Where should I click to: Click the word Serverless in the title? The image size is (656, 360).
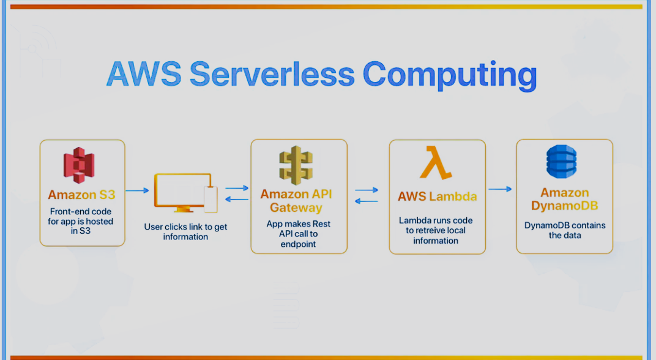pyautogui.click(x=272, y=73)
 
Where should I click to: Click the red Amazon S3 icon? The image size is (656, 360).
pyautogui.click(x=80, y=165)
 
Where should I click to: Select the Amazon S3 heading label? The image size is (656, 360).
pyautogui.click(x=81, y=195)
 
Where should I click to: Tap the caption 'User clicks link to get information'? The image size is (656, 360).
pyautogui.click(x=185, y=231)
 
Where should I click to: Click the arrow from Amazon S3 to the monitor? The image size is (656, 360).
pyautogui.click(x=138, y=190)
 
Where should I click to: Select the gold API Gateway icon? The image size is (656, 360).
pyautogui.click(x=296, y=165)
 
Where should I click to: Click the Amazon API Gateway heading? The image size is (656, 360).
pyautogui.click(x=296, y=200)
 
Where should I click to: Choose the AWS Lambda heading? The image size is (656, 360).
pyautogui.click(x=437, y=197)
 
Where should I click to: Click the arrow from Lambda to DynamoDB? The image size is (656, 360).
pyautogui.click(x=500, y=189)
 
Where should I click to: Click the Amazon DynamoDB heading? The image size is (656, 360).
pyautogui.click(x=564, y=199)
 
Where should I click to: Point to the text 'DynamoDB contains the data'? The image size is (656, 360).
pyautogui.click(x=564, y=230)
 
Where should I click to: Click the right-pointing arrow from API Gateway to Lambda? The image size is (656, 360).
pyautogui.click(x=367, y=190)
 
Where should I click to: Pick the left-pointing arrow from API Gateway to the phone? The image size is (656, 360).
pyautogui.click(x=236, y=200)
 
